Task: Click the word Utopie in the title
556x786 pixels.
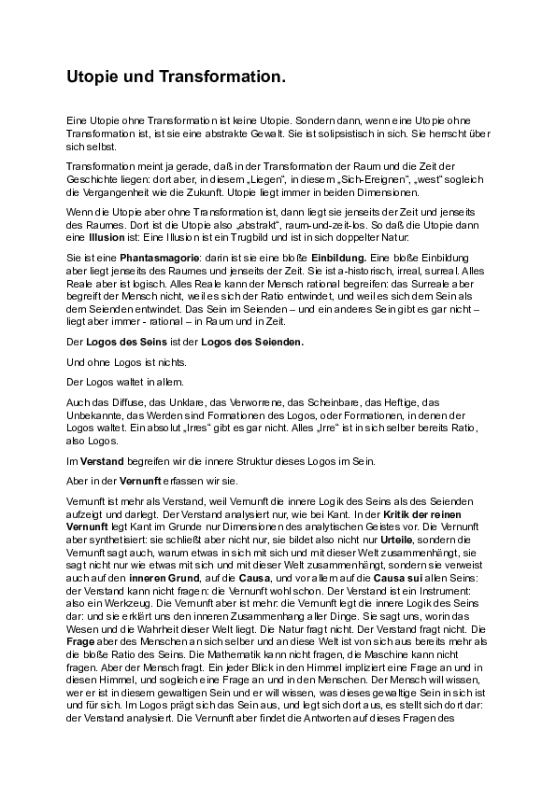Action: click(95, 82)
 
